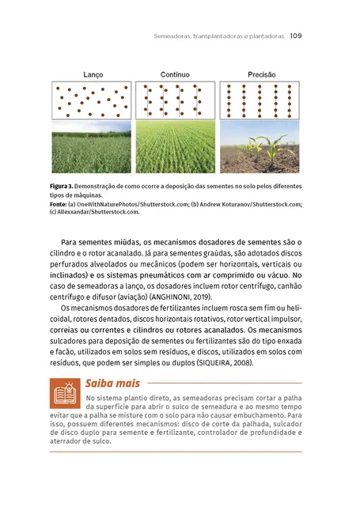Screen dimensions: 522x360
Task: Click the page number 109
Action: coord(297,35)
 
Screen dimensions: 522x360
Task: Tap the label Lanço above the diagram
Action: coord(93,75)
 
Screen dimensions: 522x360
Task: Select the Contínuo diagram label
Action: coord(175,75)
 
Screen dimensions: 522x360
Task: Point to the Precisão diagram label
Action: coord(261,75)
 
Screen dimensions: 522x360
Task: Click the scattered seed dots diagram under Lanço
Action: coord(92,100)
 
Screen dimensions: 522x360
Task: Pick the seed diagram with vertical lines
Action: coord(176,100)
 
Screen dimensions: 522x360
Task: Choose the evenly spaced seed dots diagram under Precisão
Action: coord(260,100)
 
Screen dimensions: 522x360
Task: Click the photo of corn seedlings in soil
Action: coord(260,146)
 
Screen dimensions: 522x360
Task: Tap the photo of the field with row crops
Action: coord(176,146)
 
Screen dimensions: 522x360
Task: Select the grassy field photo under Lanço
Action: coord(92,146)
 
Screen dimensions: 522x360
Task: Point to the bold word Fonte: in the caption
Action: coord(62,203)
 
